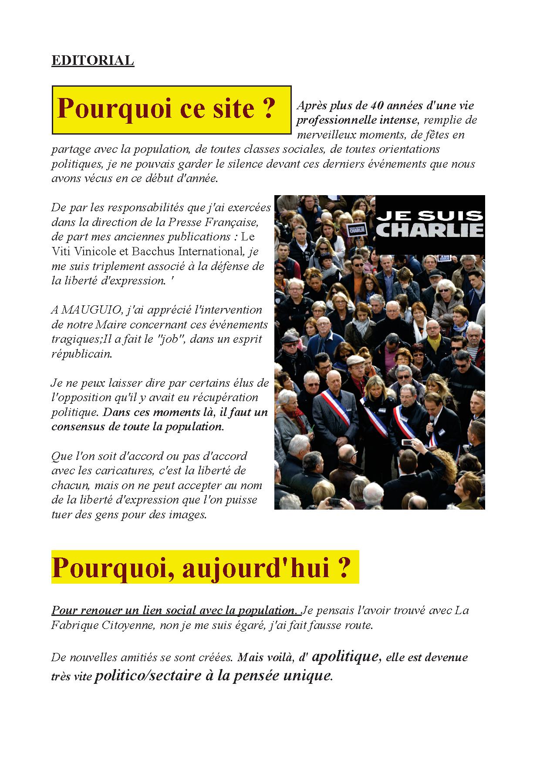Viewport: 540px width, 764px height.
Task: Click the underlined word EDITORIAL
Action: click(92, 61)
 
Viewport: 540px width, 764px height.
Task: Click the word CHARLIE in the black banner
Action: click(430, 230)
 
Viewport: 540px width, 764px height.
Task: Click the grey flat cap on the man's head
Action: click(355, 361)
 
